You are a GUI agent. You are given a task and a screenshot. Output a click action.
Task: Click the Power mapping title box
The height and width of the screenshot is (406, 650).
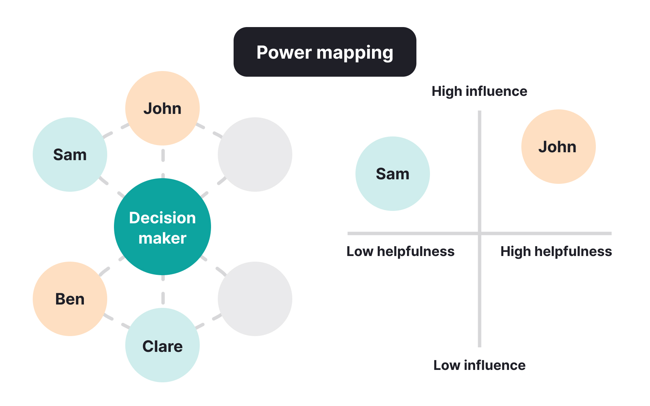325,52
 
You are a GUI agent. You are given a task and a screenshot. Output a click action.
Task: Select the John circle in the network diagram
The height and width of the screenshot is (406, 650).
162,108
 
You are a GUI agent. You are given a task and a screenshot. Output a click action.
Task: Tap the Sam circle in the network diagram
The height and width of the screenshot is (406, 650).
70,155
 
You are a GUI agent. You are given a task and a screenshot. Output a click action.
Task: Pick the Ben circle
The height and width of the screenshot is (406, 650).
70,299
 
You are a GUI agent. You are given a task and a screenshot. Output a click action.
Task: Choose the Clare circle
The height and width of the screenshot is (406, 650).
162,345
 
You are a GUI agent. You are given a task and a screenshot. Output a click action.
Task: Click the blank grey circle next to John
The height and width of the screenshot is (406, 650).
255,155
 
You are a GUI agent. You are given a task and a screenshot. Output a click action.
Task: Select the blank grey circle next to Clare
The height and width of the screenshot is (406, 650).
255,299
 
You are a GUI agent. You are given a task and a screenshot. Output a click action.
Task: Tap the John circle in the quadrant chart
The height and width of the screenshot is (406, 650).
558,147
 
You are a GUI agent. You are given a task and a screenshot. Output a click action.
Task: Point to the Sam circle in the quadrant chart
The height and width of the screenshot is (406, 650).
392,174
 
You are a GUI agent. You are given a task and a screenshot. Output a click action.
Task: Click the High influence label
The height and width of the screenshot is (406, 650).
479,91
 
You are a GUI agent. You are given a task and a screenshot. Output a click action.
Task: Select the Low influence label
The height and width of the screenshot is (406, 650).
479,365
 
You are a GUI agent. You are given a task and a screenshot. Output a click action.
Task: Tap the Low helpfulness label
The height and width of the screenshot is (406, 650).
400,251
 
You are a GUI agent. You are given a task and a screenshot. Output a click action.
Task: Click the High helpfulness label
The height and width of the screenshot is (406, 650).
556,251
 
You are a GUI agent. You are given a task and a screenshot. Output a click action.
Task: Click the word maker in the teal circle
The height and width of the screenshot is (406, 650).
162,238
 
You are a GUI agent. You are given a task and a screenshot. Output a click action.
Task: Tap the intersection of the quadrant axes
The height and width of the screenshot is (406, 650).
480,233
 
